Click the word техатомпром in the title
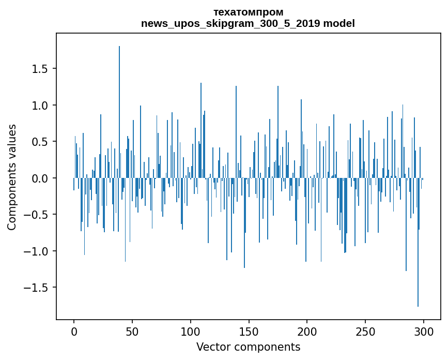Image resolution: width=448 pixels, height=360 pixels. pyautogui.click(x=248, y=12)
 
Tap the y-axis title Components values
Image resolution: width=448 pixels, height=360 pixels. pyautogui.click(x=12, y=177)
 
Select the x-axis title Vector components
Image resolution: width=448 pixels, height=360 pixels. pyautogui.click(x=248, y=347)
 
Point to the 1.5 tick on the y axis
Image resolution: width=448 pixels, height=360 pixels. pyautogui.click(x=41, y=69)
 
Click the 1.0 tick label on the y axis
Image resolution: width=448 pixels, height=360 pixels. pyautogui.click(x=41, y=106)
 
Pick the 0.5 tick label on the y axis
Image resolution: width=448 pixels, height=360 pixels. pyautogui.click(x=41, y=142)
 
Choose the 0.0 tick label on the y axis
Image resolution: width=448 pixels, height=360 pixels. pyautogui.click(x=41, y=178)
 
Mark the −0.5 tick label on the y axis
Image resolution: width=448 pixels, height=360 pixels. pyautogui.click(x=38, y=215)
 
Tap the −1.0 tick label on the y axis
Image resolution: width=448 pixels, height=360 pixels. pyautogui.click(x=38, y=251)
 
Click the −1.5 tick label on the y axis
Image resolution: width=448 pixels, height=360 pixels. pyautogui.click(x=38, y=288)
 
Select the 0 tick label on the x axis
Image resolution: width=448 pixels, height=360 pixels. pyautogui.click(x=74, y=331)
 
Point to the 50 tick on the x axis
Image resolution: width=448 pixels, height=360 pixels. pyautogui.click(x=132, y=331)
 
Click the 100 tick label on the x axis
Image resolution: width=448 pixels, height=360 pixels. pyautogui.click(x=191, y=331)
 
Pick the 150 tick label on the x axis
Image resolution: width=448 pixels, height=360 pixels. pyautogui.click(x=249, y=331)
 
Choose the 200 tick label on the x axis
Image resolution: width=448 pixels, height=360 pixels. pyautogui.click(x=307, y=331)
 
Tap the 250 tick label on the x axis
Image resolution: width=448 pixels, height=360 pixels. pyautogui.click(x=365, y=331)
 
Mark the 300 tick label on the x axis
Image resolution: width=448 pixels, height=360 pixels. pyautogui.click(x=424, y=331)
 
